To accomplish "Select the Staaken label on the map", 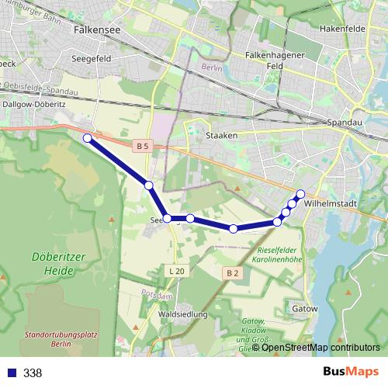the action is (222, 134).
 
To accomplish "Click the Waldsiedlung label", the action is (182, 314).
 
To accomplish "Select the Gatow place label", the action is (305, 308).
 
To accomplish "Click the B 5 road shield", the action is (141, 146).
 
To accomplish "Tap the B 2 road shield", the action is (232, 272).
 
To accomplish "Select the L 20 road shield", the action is (176, 271).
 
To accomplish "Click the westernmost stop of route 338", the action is (88, 138).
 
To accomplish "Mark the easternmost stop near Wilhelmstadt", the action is (301, 193).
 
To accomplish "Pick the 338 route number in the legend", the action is (33, 373).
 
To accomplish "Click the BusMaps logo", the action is (350, 372).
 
